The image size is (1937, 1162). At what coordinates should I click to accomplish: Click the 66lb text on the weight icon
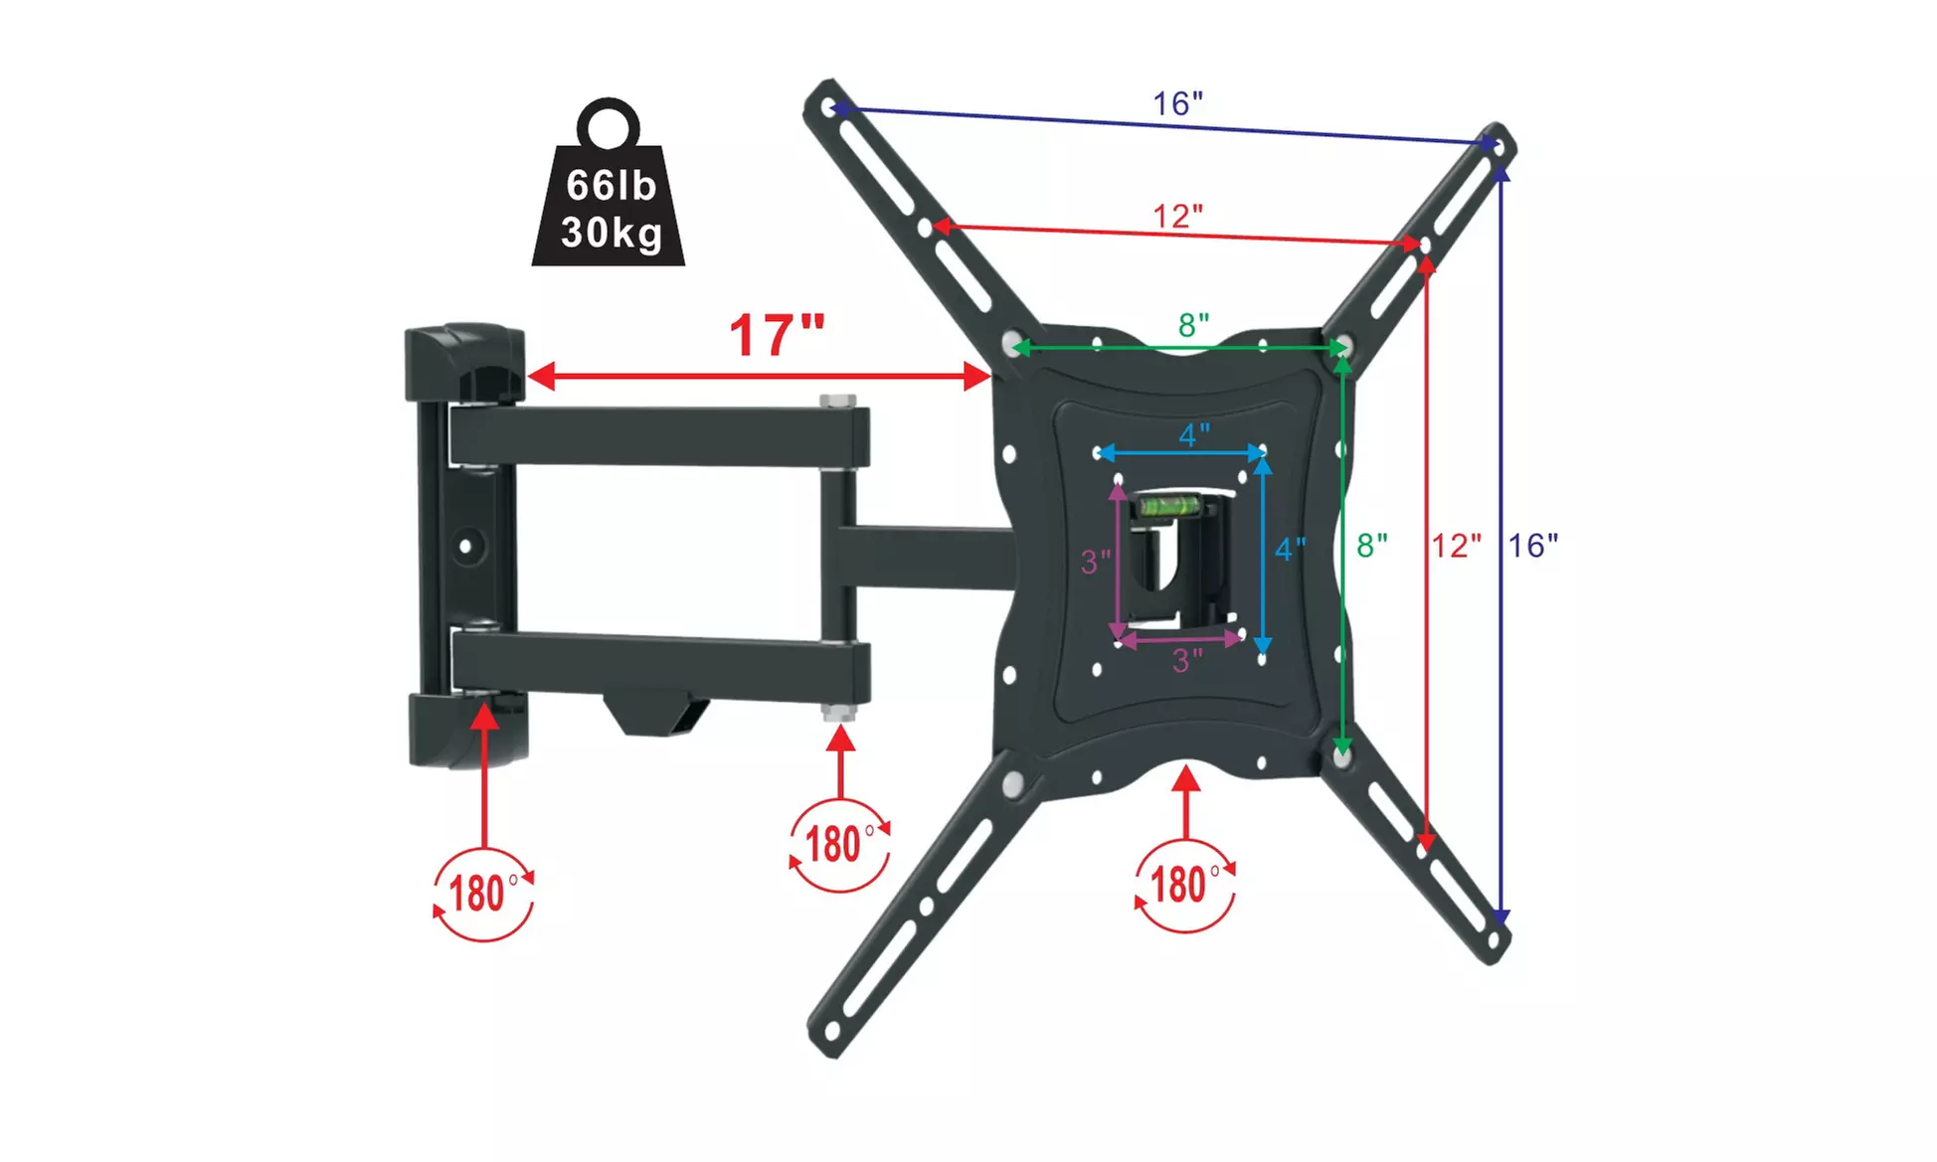point(611,186)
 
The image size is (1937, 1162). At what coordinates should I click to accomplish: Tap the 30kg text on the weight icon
point(612,234)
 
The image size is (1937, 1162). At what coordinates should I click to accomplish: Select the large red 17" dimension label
point(778,335)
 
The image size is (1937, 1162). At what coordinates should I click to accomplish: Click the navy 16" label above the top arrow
point(1178,103)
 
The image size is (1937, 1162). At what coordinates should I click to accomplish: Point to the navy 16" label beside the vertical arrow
point(1533,546)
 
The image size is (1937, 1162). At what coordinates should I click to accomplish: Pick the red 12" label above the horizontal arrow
point(1178,216)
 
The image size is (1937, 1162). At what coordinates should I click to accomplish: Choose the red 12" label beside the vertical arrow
point(1457,546)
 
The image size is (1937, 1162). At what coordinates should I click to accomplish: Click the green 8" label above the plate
point(1194,325)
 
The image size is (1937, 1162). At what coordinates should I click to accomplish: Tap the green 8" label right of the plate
point(1372,546)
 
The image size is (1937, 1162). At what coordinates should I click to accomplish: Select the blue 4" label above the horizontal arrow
point(1194,435)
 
